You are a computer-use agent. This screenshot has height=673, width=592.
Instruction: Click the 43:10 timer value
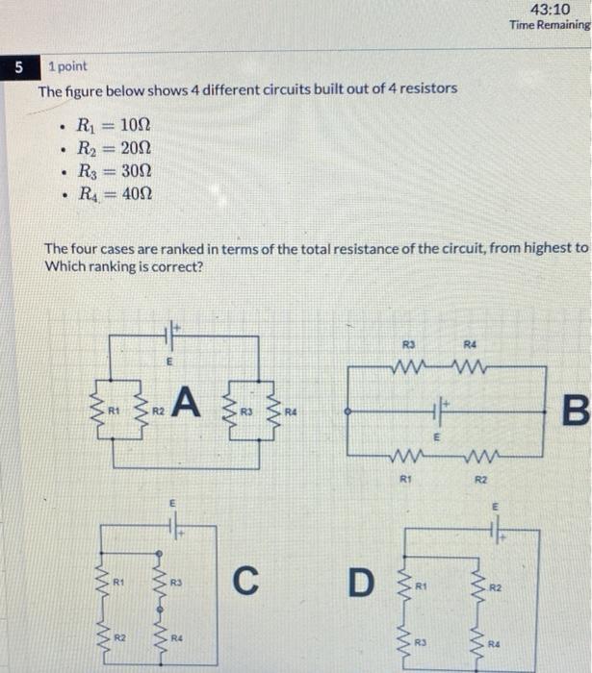click(x=556, y=10)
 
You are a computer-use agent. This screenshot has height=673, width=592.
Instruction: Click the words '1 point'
click(x=67, y=66)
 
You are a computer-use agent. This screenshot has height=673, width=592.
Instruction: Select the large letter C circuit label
click(x=246, y=580)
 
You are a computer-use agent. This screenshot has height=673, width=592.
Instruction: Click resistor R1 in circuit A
click(x=99, y=411)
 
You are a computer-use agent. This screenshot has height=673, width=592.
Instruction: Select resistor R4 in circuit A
click(x=274, y=411)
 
